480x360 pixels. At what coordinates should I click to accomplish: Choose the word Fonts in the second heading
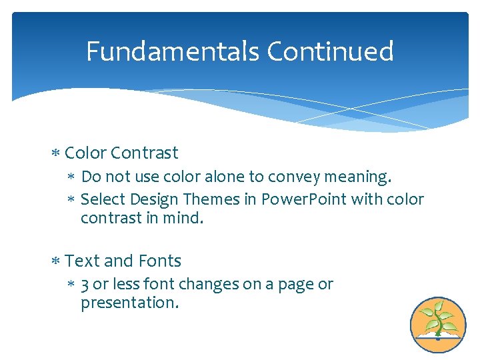[161, 261]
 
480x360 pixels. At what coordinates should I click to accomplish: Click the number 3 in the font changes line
[85, 285]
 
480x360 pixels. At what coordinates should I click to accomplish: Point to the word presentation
[129, 303]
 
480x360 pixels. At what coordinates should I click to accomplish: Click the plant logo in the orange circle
[437, 325]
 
